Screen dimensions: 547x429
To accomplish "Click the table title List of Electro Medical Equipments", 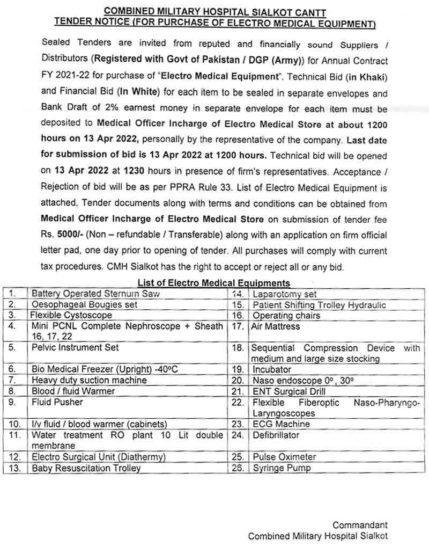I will [213, 283].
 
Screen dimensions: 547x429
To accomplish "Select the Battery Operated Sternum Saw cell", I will [95, 294].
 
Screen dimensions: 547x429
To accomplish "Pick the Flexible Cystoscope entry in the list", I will [71, 315].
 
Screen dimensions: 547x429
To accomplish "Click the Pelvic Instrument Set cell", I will [75, 347].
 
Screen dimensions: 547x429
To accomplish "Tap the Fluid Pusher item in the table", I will [57, 402].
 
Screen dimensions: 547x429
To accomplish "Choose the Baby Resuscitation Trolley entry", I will [86, 468].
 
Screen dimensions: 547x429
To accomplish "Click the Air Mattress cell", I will [276, 326].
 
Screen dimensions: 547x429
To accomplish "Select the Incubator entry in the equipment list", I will [272, 370].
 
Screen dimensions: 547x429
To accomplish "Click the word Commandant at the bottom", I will [359, 526].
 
